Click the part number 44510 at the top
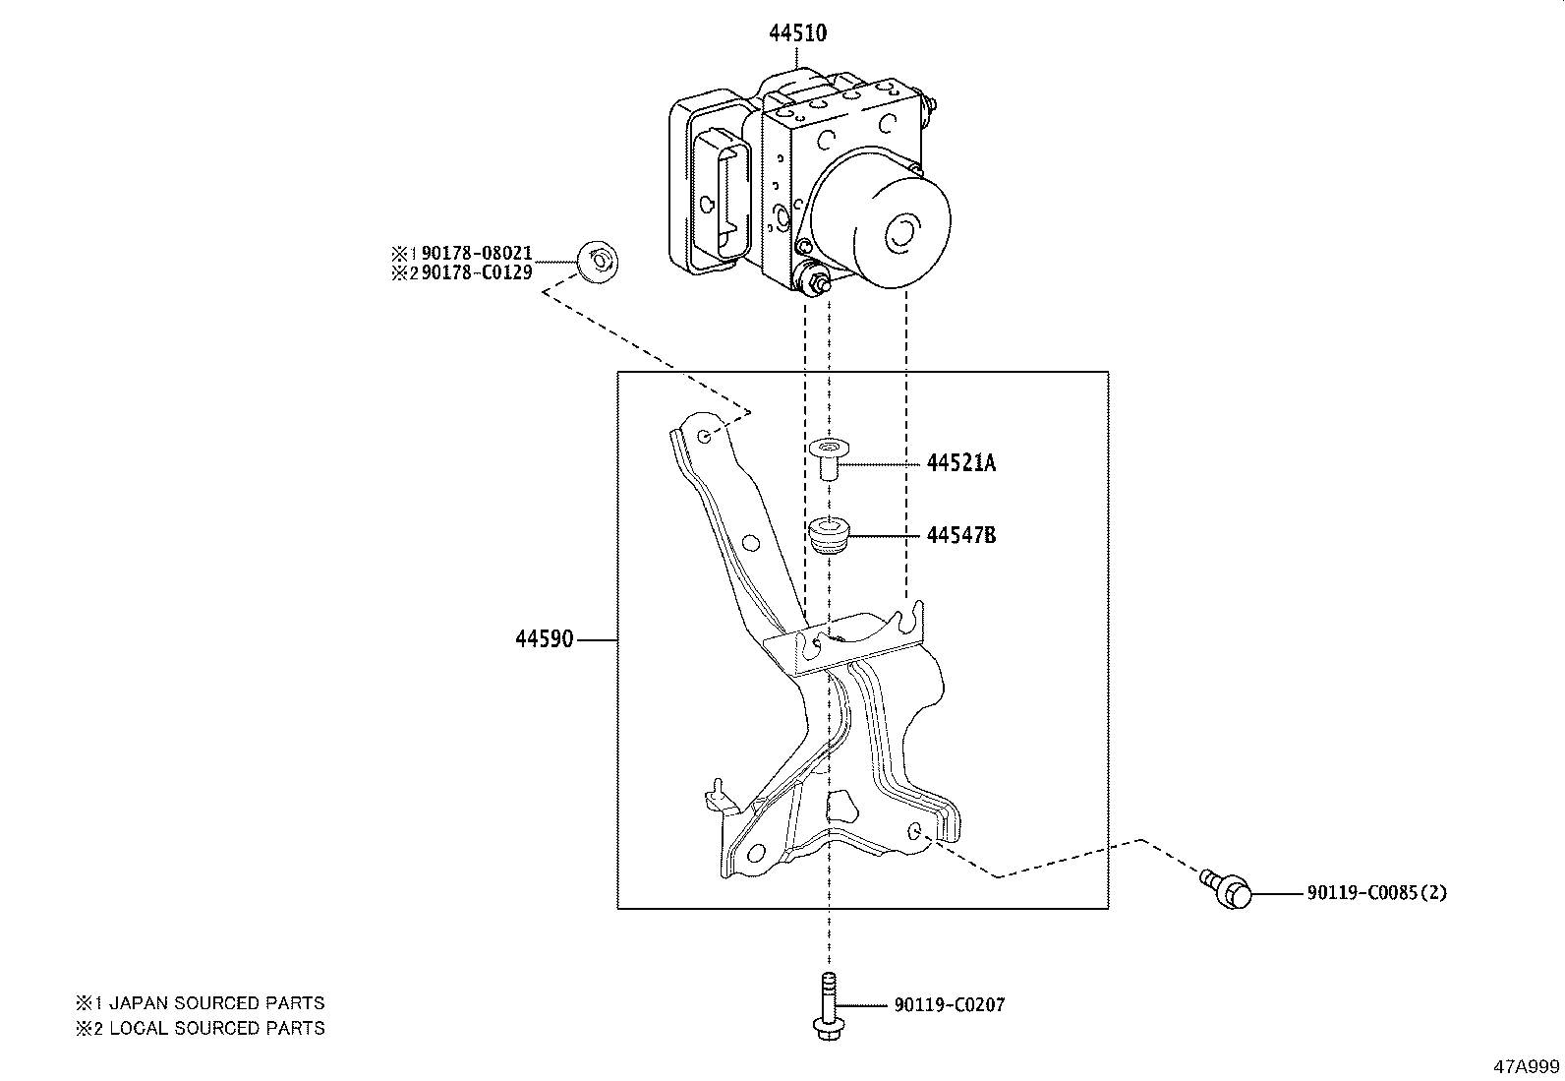(x=797, y=33)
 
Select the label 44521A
(x=960, y=463)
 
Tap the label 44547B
(x=960, y=536)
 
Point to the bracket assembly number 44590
(x=544, y=640)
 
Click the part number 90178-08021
(x=476, y=254)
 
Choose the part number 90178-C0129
(x=476, y=272)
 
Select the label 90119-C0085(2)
(x=1376, y=893)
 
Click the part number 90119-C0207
(x=950, y=1005)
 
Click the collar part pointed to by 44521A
(x=827, y=458)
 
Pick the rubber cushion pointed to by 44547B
(x=827, y=537)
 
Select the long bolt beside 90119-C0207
(x=827, y=1003)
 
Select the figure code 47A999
(x=1526, y=1066)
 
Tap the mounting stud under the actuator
(x=816, y=285)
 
